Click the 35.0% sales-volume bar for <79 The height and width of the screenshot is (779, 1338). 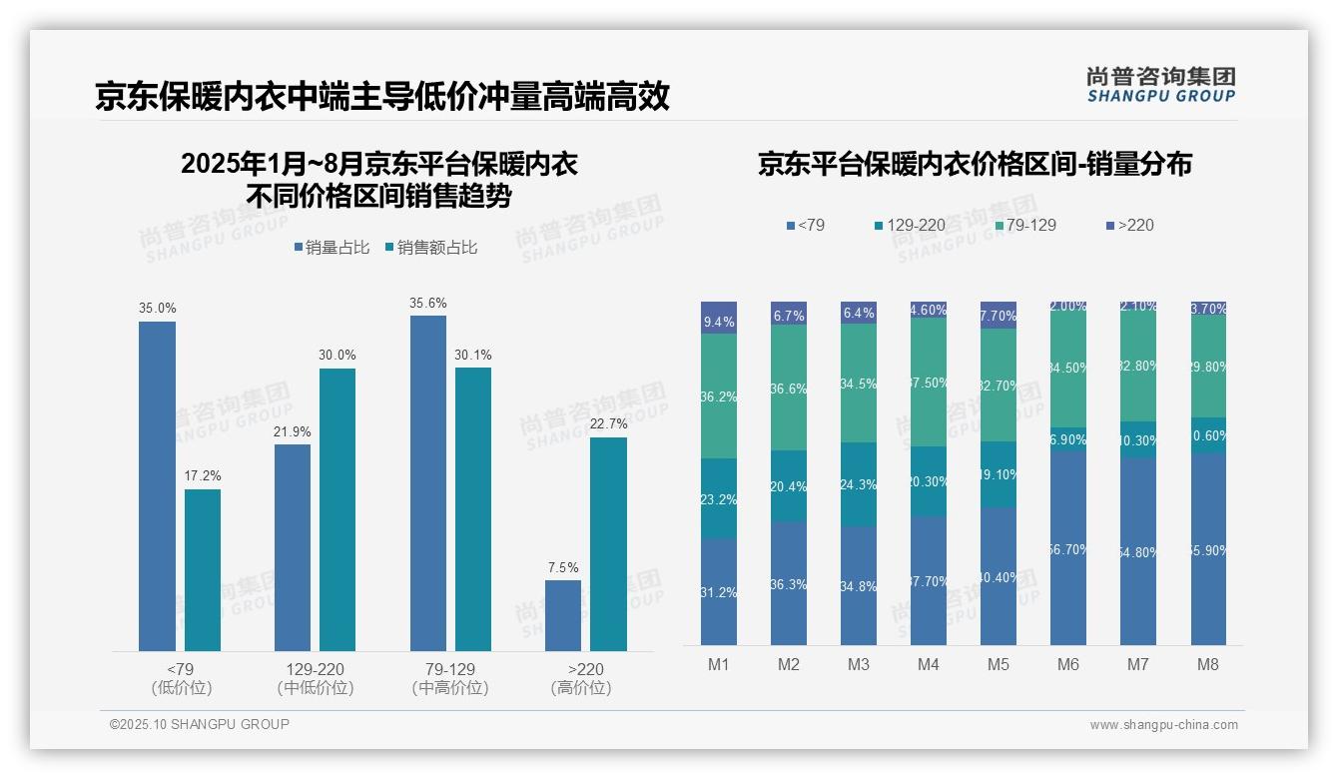pos(157,486)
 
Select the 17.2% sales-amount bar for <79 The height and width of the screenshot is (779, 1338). pos(203,570)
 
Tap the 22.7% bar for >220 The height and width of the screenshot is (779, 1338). pos(608,544)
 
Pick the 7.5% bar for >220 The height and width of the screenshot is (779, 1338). pos(563,615)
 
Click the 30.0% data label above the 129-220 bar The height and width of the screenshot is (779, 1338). pos(337,356)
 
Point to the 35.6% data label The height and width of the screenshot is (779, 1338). pos(428,303)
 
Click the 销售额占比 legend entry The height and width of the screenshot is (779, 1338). pos(430,248)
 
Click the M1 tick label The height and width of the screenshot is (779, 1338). pos(719,665)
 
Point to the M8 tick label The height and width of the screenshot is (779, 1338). pos(1208,665)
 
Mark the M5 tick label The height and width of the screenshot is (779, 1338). pos(999,665)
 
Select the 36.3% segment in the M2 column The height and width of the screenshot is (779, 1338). pos(789,583)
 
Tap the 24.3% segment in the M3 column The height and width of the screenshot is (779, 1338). pos(859,484)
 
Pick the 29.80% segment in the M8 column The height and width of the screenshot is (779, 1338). pos(1208,367)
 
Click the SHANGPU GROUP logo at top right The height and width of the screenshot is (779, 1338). pos(1160,85)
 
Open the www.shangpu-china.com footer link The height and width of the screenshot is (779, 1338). pos(1163,725)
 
